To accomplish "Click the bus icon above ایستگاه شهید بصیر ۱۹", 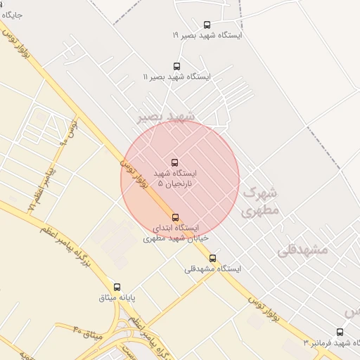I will pyautogui.click(x=206, y=25).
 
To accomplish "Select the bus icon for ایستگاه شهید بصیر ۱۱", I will pyautogui.click(x=176, y=66).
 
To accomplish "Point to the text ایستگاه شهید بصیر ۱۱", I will pyautogui.click(x=176, y=76).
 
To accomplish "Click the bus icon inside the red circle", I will pyautogui.click(x=175, y=162).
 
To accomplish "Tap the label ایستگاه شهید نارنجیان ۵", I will pyautogui.click(x=176, y=177).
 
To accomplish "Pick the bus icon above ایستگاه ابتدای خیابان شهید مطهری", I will pyautogui.click(x=175, y=217).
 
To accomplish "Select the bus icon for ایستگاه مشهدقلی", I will pyautogui.click(x=213, y=258).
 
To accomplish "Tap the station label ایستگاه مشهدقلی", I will pyautogui.click(x=212, y=269).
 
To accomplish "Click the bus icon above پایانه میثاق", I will pyautogui.click(x=117, y=287).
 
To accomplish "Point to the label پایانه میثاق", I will pyautogui.click(x=116, y=297).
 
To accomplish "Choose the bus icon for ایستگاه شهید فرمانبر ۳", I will pyautogui.click(x=340, y=332).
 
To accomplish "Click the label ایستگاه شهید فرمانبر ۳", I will pyautogui.click(x=330, y=342).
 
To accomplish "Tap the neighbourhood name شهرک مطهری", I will pyautogui.click(x=260, y=201).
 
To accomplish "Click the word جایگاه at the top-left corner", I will pyautogui.click(x=13, y=13).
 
